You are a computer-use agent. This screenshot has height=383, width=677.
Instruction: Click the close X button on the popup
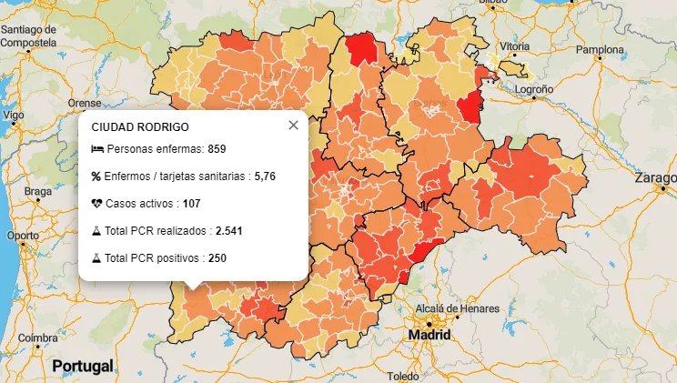click(293, 126)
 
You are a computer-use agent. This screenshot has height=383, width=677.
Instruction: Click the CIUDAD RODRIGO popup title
click(140, 127)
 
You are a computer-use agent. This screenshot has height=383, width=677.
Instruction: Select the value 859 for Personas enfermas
click(217, 149)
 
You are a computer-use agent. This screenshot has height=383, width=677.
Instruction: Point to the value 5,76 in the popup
click(265, 176)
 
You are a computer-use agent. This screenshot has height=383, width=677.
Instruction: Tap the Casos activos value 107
click(192, 204)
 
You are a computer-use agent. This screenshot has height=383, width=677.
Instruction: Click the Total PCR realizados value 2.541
click(228, 231)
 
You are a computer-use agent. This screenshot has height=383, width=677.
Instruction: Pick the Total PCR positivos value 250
click(217, 258)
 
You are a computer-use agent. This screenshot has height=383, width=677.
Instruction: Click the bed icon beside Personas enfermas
click(97, 149)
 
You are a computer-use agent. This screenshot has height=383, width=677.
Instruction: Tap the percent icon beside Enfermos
click(96, 176)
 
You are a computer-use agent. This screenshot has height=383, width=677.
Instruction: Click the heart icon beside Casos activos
click(97, 204)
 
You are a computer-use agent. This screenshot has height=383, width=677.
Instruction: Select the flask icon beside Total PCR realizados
click(96, 231)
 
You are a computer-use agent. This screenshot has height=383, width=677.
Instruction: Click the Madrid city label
click(429, 335)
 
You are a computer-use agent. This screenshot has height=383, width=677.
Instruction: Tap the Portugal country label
click(83, 366)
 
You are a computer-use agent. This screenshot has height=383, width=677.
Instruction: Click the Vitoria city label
click(514, 45)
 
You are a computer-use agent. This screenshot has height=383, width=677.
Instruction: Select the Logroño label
click(535, 90)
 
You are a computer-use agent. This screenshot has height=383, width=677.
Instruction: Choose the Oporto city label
click(23, 236)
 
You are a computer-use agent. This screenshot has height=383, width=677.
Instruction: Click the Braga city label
click(38, 191)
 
